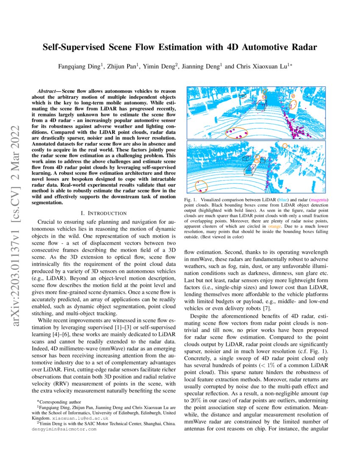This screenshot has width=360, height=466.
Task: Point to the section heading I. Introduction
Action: pyautogui.click(x=103, y=213)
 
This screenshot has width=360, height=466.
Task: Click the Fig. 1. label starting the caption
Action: pyautogui.click(x=193, y=199)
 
